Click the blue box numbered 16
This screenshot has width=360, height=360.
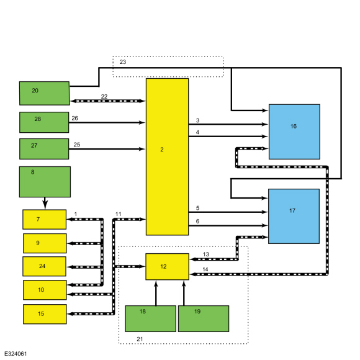pyautogui.click(x=294, y=132)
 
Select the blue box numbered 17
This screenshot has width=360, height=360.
pyautogui.click(x=294, y=216)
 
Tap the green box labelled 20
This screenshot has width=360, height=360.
pyautogui.click(x=44, y=93)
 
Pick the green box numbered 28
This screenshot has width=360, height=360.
pyautogui.click(x=44, y=122)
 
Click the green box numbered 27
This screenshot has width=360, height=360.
pyautogui.click(x=44, y=149)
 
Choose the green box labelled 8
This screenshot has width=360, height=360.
pyautogui.click(x=45, y=182)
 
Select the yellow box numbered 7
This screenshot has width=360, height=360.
pyautogui.click(x=45, y=220)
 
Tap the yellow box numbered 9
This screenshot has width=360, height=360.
pyautogui.click(x=45, y=243)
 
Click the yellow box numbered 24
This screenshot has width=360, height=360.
pyautogui.click(x=45, y=266)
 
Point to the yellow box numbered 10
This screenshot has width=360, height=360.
pyautogui.click(x=45, y=290)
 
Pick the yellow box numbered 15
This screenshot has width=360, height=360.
pyautogui.click(x=45, y=314)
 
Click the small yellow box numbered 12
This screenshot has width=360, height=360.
pyautogui.click(x=168, y=267)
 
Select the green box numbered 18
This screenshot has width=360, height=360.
pyautogui.click(x=151, y=318)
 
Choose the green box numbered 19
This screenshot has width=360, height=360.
pyautogui.click(x=204, y=318)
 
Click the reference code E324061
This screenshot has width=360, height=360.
pyautogui.click(x=16, y=354)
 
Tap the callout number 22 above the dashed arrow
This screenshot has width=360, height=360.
pyautogui.click(x=104, y=96)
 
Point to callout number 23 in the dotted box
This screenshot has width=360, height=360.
pyautogui.click(x=123, y=62)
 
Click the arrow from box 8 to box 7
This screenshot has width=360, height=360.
pyautogui.click(x=45, y=204)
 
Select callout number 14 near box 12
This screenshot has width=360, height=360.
pyautogui.click(x=205, y=269)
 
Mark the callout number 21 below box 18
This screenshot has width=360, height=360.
pyautogui.click(x=140, y=339)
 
